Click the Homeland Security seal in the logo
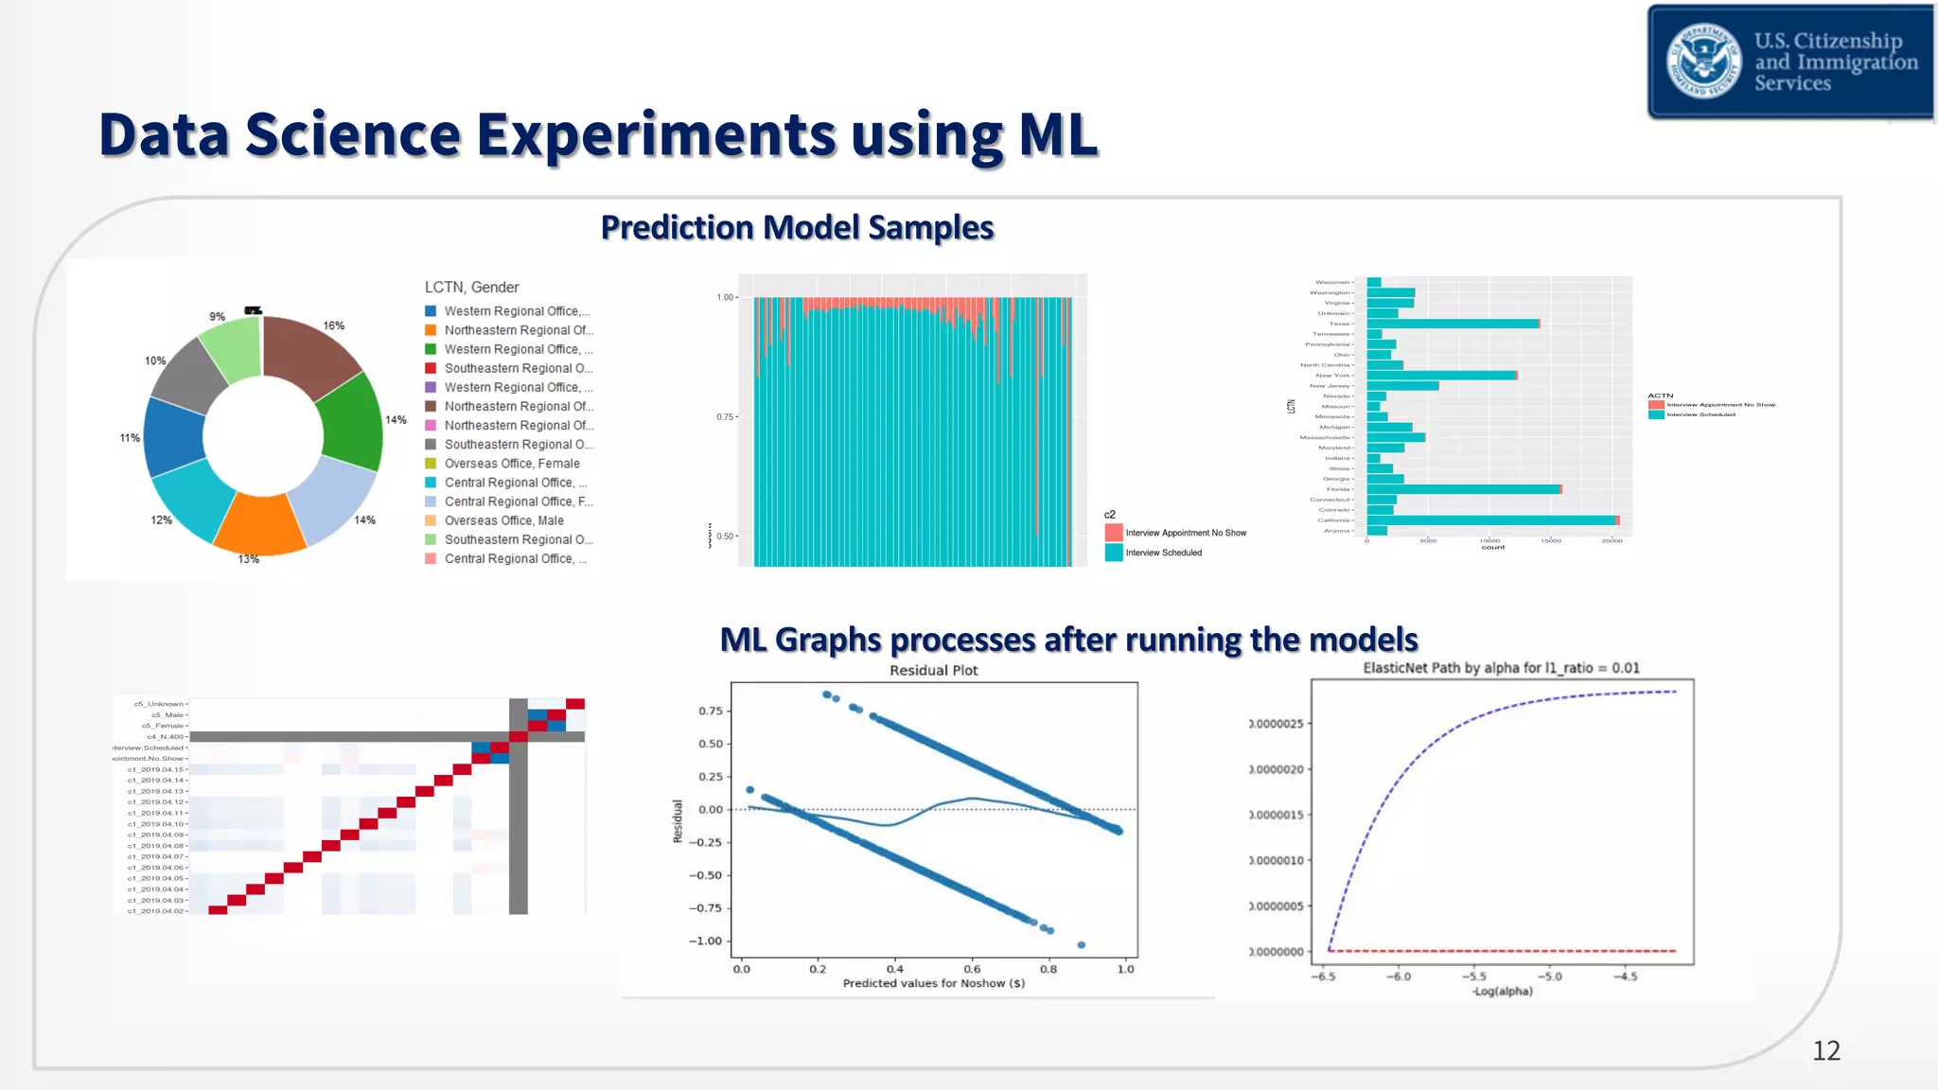(x=1703, y=62)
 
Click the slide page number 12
(x=1825, y=1050)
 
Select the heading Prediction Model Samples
(x=797, y=228)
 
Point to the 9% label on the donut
(x=218, y=317)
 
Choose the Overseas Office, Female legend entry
(x=511, y=464)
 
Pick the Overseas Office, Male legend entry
(x=503, y=520)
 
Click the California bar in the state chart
(x=1490, y=520)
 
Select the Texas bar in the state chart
(x=1453, y=324)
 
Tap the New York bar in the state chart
(x=1440, y=376)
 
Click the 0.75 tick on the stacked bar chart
(x=725, y=417)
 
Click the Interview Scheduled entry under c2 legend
(x=1163, y=553)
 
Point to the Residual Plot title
(x=933, y=671)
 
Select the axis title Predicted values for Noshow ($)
(x=933, y=983)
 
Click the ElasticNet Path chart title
(x=1501, y=668)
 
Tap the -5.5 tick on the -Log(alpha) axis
(x=1473, y=976)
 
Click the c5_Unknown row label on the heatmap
(x=158, y=704)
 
